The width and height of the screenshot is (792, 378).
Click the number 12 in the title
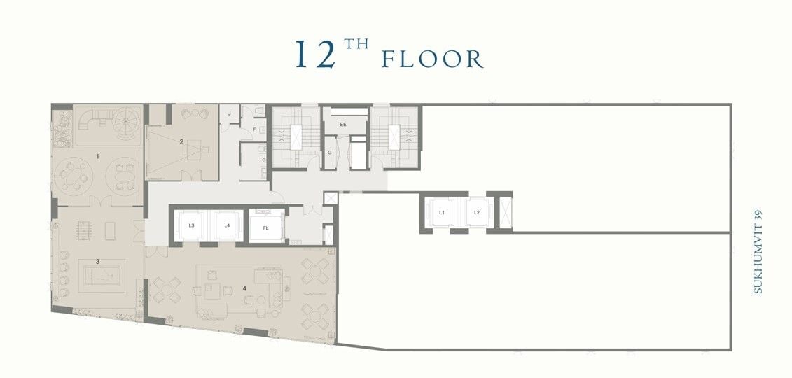tap(315, 53)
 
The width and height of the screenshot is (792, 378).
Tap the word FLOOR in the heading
tap(432, 59)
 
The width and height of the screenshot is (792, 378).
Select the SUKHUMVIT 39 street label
tap(757, 251)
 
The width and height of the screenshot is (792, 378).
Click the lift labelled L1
tap(441, 213)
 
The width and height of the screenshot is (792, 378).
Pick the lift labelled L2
tap(476, 213)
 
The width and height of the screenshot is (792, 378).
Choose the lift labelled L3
tap(192, 225)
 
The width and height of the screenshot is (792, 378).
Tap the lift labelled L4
tap(228, 225)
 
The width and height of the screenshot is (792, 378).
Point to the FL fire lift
tap(266, 227)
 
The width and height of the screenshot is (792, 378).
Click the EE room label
tap(343, 124)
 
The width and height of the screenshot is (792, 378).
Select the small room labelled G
tap(330, 153)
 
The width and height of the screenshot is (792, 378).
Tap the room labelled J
tap(229, 113)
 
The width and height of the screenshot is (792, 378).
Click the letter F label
tap(255, 129)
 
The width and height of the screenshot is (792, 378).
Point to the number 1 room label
tap(98, 157)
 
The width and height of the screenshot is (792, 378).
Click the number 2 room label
tap(181, 142)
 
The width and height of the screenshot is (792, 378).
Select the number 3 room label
tap(97, 261)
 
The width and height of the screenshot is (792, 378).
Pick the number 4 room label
tap(244, 288)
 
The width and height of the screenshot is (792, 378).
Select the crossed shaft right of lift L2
tap(506, 213)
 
